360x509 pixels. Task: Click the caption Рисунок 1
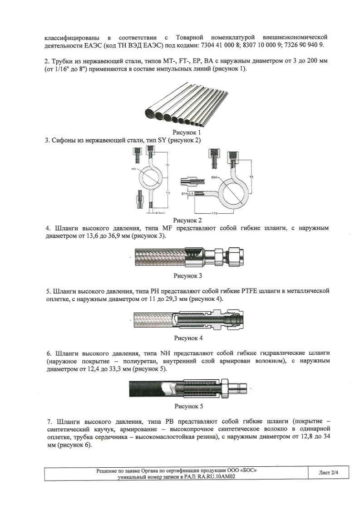(x=187, y=132)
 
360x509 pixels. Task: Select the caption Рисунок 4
(x=188, y=338)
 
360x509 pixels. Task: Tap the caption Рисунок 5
(x=188, y=406)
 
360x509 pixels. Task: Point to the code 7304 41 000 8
(x=217, y=45)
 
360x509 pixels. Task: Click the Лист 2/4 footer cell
(x=328, y=473)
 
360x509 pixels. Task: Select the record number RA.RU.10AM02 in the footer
(x=216, y=476)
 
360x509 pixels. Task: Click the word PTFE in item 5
(x=249, y=290)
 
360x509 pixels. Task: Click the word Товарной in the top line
(x=189, y=37)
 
